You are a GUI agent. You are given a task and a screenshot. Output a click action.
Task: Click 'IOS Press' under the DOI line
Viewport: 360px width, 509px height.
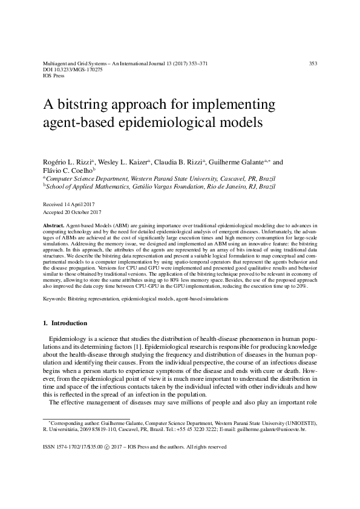coord(54,76)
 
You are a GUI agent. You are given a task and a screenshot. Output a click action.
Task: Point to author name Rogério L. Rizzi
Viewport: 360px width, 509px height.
coord(65,163)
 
